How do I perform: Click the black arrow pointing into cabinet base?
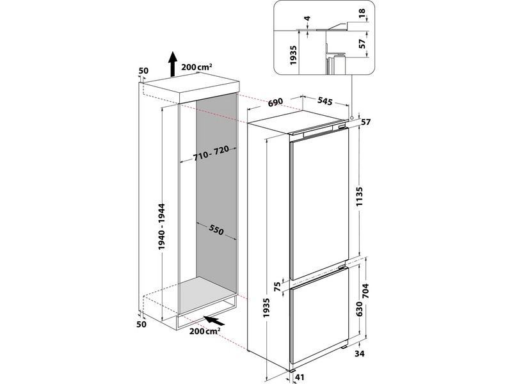(215, 319)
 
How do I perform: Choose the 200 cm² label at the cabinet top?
(196, 67)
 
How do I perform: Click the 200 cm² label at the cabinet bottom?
(204, 332)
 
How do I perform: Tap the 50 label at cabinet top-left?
(143, 70)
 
